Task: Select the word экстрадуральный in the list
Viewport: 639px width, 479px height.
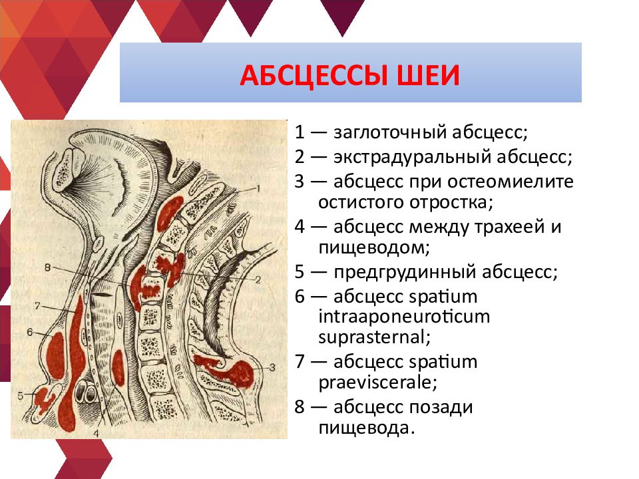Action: (x=412, y=157)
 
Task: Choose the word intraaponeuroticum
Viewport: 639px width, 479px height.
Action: (x=404, y=317)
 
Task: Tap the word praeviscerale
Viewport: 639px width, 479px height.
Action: (x=378, y=383)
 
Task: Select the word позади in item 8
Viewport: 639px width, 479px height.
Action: (x=441, y=407)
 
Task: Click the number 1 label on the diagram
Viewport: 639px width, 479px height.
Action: (x=258, y=188)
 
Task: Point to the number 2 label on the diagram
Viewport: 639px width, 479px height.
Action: (x=258, y=279)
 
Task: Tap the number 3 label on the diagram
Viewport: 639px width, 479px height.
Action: (x=272, y=368)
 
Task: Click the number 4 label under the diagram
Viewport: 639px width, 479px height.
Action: (x=96, y=433)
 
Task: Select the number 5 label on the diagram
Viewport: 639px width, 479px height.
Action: (x=21, y=395)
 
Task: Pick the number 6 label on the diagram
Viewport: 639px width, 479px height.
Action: (x=30, y=332)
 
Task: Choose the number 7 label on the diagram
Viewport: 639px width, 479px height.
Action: (x=37, y=305)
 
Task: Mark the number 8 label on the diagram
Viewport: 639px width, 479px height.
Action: (x=48, y=267)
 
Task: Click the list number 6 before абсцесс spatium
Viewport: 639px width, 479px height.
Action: (x=300, y=297)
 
